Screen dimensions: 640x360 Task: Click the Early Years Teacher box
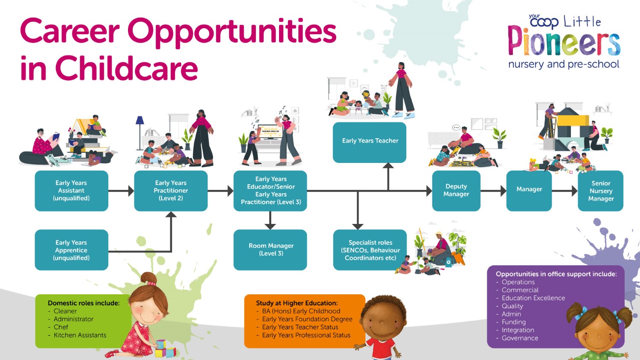(369, 142)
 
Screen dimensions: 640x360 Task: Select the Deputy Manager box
(456, 191)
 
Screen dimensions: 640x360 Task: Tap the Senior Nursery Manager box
(601, 191)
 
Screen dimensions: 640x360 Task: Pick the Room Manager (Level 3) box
(270, 250)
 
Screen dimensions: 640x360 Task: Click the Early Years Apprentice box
(71, 250)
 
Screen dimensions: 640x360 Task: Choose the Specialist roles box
(370, 250)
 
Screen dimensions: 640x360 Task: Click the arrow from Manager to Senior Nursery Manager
(564, 191)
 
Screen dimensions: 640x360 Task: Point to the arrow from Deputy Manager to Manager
(493, 191)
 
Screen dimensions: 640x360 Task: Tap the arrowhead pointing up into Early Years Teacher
(388, 165)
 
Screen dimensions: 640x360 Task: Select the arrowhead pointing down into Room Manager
(270, 226)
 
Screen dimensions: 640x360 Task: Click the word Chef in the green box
(61, 327)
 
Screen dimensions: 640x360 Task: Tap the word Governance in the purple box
(520, 338)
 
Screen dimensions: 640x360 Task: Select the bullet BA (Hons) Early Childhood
(301, 311)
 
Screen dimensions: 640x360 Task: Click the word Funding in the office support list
(514, 322)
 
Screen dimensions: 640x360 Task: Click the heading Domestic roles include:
(84, 303)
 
